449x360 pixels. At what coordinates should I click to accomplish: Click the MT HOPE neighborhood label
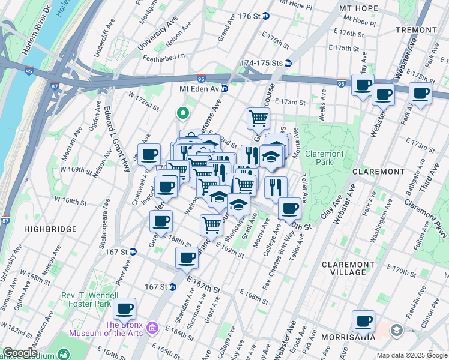(358, 8)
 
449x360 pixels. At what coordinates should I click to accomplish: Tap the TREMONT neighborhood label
(417, 29)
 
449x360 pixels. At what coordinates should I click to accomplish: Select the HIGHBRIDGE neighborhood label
(50, 229)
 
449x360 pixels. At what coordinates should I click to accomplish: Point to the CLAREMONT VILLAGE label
(352, 268)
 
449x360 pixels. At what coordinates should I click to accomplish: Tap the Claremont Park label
(325, 158)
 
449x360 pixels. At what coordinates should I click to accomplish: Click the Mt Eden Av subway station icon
(224, 89)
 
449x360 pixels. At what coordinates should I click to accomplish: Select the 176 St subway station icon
(266, 16)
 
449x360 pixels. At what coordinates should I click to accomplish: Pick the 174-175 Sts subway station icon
(288, 63)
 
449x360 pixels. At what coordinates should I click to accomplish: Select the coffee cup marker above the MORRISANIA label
(363, 321)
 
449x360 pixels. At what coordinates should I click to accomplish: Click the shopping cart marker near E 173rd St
(258, 118)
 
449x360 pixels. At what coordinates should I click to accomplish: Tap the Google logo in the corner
(20, 353)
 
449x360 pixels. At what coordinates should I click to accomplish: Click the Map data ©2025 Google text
(411, 355)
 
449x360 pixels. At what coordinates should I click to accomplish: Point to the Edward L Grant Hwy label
(109, 141)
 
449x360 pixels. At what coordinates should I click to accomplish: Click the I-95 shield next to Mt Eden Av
(201, 79)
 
